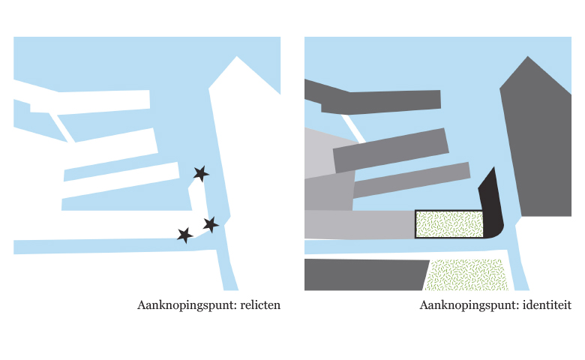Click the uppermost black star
pos(201,173)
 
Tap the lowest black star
pos(184,235)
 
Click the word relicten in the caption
pos(260,305)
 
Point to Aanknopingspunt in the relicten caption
pos(187,305)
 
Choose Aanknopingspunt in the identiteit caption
pos(469,305)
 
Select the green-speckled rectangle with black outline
pos(449,223)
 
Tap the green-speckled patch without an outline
pos(466,275)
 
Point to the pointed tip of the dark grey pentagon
pos(527,56)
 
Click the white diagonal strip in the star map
pos(62,127)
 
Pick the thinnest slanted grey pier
pos(411,180)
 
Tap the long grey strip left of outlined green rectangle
pos(360,224)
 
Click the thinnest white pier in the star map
pos(121,180)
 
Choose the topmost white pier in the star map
pos(89,101)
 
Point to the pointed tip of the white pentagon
pos(236,56)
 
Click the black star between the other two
pos(211,224)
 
